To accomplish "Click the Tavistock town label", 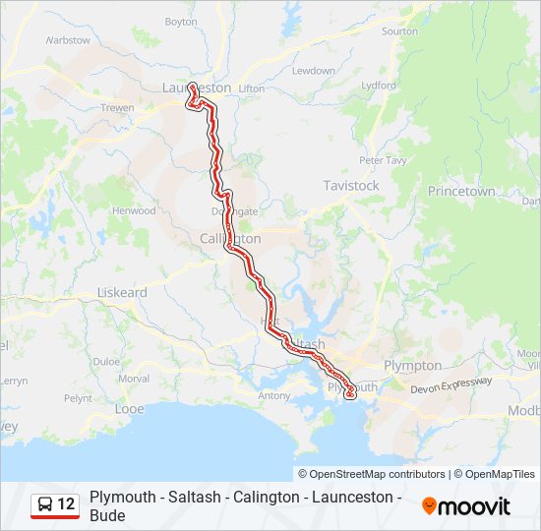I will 351,185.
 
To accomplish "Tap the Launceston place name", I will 196,88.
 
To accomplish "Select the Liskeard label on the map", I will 122,293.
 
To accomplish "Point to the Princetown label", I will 460,192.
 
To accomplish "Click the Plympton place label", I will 413,365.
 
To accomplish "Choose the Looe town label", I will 129,408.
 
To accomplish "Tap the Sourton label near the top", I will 399,31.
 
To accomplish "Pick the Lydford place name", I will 379,86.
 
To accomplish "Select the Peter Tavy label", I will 382,159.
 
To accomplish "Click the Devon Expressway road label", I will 451,385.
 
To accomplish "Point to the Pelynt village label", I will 78,398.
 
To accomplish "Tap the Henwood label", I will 134,210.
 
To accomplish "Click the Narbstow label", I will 68,40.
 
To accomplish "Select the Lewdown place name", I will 313,71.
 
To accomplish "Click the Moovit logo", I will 466,506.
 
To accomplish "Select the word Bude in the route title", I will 107,515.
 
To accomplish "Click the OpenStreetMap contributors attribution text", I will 372,474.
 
